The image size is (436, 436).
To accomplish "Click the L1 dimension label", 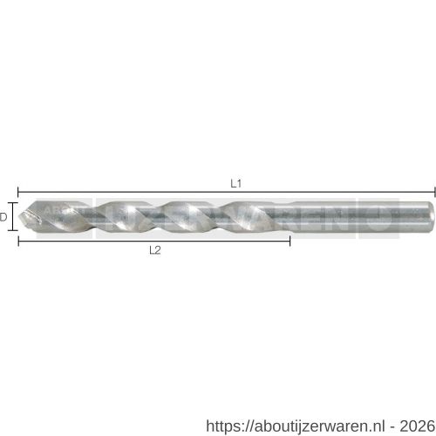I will pos(235,183).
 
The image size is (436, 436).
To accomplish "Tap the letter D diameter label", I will pos(4,217).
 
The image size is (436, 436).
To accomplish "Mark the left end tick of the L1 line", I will pos(17,190).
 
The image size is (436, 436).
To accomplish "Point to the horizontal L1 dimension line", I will pos(131,190).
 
